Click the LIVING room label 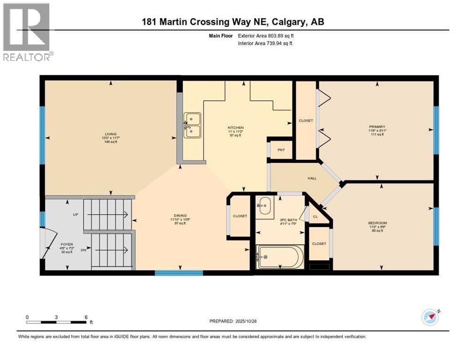(x=111, y=134)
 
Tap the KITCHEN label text (x=235, y=128)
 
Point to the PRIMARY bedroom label (x=376, y=127)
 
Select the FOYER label (x=66, y=244)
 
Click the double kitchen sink (x=192, y=125)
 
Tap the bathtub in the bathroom (x=280, y=256)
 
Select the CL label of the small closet (x=316, y=217)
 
